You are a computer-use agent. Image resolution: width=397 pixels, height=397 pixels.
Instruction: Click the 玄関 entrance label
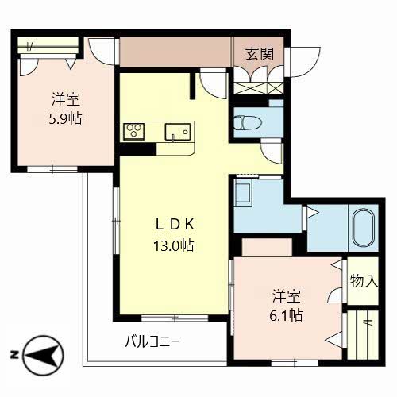point(260,55)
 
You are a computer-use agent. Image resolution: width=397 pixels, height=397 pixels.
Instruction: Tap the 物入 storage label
point(364,280)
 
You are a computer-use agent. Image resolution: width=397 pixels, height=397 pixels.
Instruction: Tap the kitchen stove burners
point(133,130)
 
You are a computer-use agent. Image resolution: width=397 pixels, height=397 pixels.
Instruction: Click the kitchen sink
point(175,131)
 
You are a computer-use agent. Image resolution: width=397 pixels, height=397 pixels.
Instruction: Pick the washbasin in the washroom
point(244,193)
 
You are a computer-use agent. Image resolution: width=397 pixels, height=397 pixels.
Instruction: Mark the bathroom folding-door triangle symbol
point(312,213)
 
